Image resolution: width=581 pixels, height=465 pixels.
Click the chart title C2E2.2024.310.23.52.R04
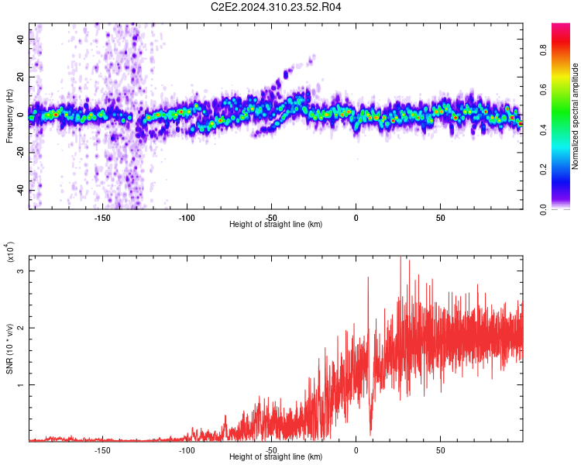pyautogui.click(x=276, y=7)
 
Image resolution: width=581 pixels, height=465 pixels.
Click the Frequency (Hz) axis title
pyautogui.click(x=9, y=116)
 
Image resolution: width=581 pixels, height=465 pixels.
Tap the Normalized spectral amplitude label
pyautogui.click(x=575, y=116)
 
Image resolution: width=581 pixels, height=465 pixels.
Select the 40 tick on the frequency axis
pyautogui.click(x=21, y=39)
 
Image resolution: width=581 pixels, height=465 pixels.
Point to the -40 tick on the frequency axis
pyautogui.click(x=21, y=191)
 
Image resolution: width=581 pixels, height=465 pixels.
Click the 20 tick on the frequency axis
pyautogui.click(x=21, y=77)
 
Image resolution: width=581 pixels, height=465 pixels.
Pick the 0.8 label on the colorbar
pyautogui.click(x=543, y=50)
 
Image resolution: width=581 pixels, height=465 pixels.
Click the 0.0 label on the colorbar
pyautogui.click(x=543, y=209)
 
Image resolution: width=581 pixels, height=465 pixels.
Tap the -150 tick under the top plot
pyautogui.click(x=102, y=218)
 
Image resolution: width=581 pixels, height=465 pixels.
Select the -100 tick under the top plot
pyautogui.click(x=187, y=218)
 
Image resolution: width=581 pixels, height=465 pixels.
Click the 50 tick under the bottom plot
pyautogui.click(x=440, y=450)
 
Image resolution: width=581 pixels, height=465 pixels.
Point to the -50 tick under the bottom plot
pyautogui.click(x=271, y=450)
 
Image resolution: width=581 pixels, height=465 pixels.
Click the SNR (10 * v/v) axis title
pyautogui.click(x=9, y=349)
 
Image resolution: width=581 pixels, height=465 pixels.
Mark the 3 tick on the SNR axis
pyautogui.click(x=21, y=271)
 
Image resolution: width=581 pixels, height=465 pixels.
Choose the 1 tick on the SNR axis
pyautogui.click(x=21, y=385)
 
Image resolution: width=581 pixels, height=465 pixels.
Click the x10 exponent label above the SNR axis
pyautogui.click(x=10, y=252)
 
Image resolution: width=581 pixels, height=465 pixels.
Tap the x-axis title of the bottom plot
pyautogui.click(x=276, y=456)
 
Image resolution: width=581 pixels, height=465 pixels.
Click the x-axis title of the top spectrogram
pyautogui.click(x=276, y=224)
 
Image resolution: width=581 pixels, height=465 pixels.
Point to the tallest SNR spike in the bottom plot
pyautogui.click(x=401, y=258)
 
